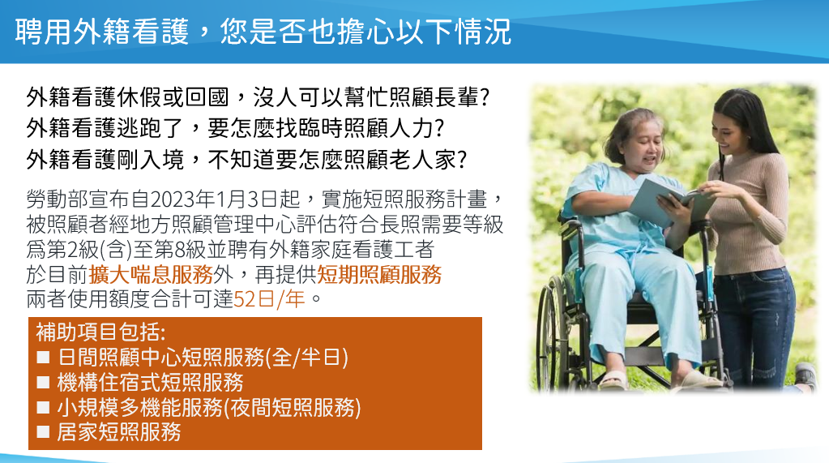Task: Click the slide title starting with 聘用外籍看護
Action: pos(263,32)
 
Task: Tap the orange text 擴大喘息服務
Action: pos(151,275)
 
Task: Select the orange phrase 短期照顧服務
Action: pos(379,275)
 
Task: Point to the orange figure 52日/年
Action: pos(269,299)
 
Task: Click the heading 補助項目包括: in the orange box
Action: pos(100,332)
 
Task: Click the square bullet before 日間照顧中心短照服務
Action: pos(43,358)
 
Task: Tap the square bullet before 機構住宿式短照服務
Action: pos(43,383)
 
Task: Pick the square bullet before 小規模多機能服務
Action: pos(43,407)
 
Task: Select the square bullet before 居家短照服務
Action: pos(43,432)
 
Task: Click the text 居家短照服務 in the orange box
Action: pos(119,432)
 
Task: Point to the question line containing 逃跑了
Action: pos(235,129)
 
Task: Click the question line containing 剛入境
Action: pos(247,159)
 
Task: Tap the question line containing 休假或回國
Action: pos(258,97)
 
